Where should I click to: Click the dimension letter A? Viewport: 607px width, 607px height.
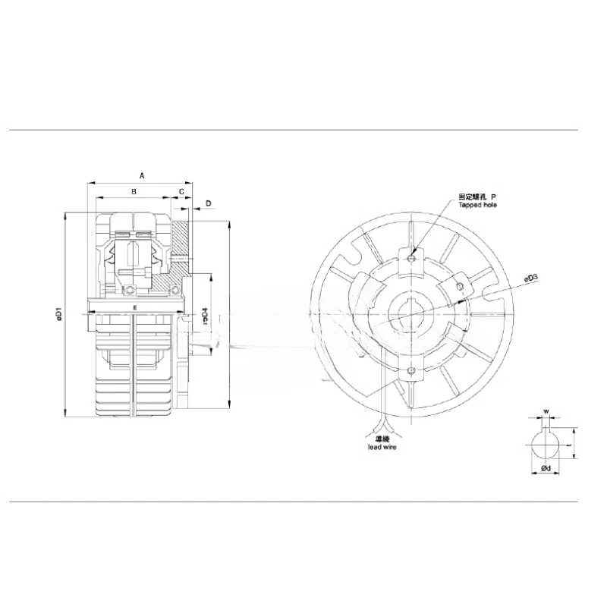(x=142, y=175)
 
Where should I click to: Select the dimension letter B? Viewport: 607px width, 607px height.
(x=134, y=192)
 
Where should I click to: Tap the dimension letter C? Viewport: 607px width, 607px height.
(x=181, y=192)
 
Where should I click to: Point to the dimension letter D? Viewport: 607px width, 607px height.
(x=208, y=203)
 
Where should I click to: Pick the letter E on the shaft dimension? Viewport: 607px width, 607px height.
(x=134, y=307)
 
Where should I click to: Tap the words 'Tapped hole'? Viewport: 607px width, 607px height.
(x=478, y=205)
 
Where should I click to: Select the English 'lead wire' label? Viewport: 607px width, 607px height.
(x=377, y=448)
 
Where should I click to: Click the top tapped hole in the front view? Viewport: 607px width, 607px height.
(x=410, y=258)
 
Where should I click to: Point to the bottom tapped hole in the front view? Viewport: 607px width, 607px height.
(x=410, y=371)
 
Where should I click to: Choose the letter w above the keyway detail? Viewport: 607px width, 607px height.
(x=545, y=414)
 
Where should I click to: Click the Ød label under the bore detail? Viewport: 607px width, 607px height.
(x=546, y=470)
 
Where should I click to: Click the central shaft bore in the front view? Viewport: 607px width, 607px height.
(x=410, y=314)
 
